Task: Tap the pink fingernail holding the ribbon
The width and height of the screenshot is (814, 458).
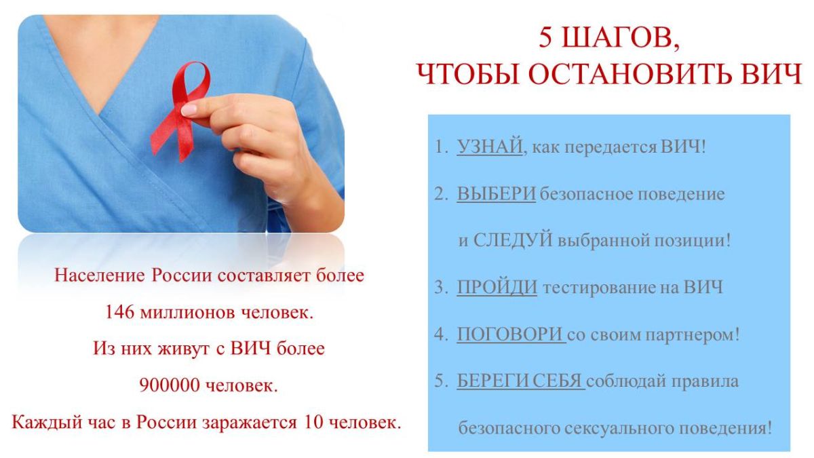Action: coord(189,110)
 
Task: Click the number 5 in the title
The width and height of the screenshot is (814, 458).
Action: coord(546,38)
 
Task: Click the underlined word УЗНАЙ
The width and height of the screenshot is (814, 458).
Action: coord(490,147)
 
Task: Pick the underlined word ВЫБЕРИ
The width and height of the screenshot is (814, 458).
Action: coord(496,193)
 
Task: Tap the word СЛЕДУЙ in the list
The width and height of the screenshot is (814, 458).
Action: coord(513,240)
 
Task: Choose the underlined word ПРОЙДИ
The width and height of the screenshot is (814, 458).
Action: coord(497,287)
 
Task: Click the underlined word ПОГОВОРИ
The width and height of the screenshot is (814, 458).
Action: coord(510,334)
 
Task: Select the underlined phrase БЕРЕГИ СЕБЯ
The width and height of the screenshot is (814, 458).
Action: coord(520,381)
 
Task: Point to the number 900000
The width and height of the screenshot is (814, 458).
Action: coord(170,385)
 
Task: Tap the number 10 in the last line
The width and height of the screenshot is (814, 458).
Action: coord(313,422)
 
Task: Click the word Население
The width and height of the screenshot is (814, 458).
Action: coord(100,275)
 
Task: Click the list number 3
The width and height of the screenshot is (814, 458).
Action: coord(440,288)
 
